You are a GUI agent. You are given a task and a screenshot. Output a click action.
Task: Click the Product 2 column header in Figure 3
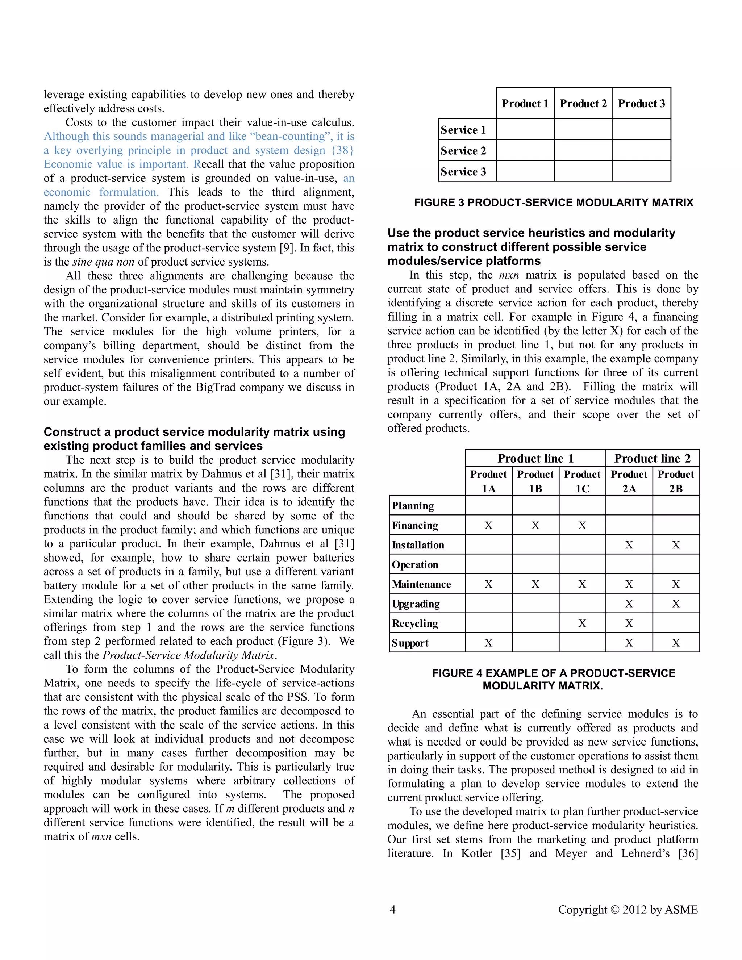pos(583,103)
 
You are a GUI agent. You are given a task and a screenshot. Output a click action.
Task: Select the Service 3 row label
pos(463,171)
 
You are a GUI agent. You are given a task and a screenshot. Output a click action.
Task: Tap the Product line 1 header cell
pos(535,459)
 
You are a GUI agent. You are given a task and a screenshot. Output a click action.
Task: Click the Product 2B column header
pos(676,481)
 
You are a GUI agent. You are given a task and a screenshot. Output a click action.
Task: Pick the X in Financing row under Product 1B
pos(535,525)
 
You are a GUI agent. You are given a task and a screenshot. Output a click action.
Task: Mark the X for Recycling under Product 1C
pos(582,623)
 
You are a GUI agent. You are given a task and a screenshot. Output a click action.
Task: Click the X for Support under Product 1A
pos(488,643)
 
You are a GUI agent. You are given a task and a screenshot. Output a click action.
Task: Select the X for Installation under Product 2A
pos(629,545)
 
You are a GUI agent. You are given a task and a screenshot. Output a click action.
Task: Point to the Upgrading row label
pos(416,604)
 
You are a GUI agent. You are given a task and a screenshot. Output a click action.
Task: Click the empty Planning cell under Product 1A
pos(488,505)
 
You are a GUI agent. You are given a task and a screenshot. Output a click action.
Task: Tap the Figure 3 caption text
pos(554,203)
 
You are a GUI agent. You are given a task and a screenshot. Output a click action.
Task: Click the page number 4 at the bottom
pos(392,909)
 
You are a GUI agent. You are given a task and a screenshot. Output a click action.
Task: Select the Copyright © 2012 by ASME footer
pos(628,909)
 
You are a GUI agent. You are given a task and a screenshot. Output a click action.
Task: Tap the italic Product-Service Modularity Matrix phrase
pos(188,655)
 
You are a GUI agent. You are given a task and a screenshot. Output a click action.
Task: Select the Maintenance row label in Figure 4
pos(421,584)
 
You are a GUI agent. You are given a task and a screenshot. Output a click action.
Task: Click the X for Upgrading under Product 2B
pos(676,604)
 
